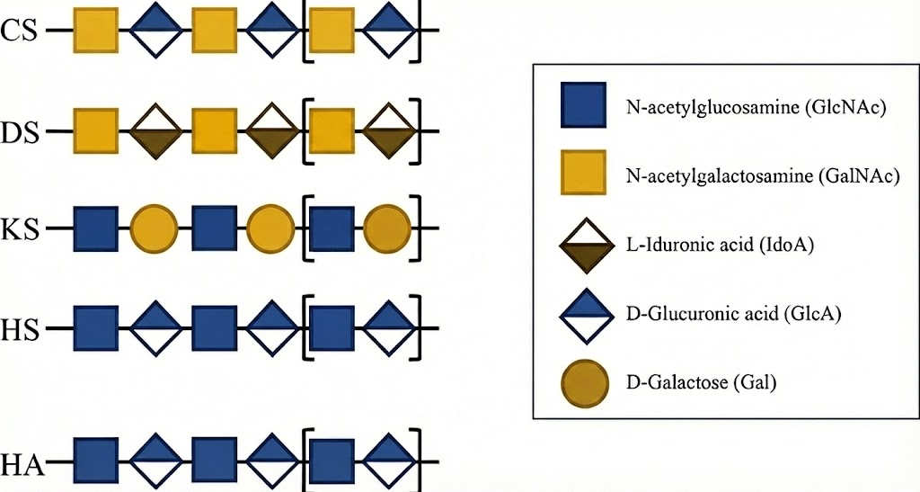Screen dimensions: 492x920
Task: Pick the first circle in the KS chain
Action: tap(155, 229)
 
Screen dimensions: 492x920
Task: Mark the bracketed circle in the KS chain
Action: tap(388, 229)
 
